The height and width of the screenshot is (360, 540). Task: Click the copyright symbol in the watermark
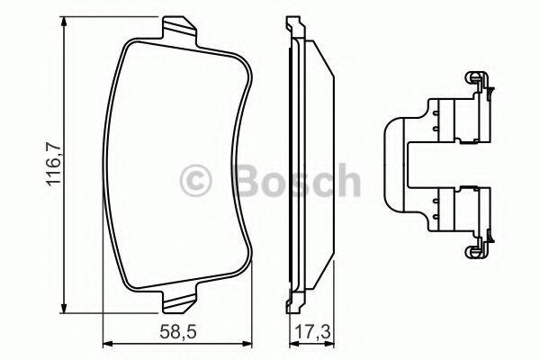[x=196, y=181]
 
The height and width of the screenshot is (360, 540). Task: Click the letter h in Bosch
[x=346, y=181]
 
